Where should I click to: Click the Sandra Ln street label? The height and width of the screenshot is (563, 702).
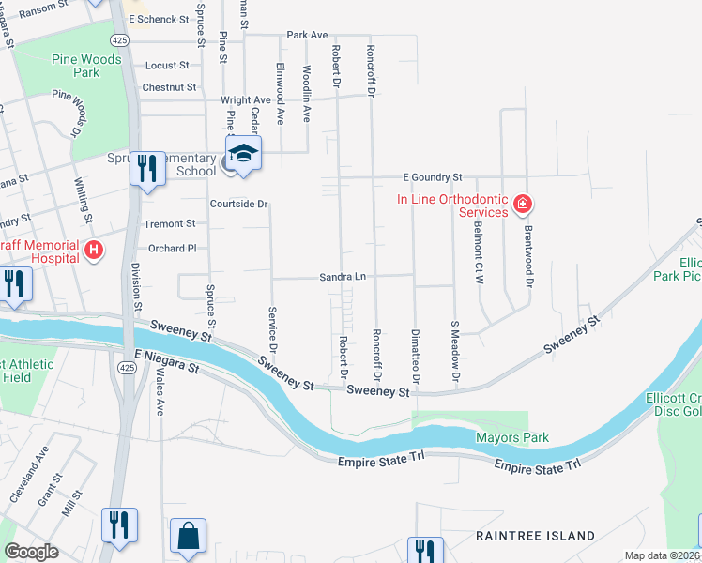pyautogui.click(x=342, y=277)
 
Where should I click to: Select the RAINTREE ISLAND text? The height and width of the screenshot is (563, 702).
pyautogui.click(x=535, y=536)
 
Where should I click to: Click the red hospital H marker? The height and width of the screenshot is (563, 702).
pyautogui.click(x=94, y=250)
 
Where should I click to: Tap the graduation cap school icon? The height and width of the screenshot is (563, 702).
pyautogui.click(x=242, y=153)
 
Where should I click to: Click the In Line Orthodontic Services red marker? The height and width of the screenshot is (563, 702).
pyautogui.click(x=523, y=204)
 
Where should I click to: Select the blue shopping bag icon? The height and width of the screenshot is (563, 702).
pyautogui.click(x=188, y=537)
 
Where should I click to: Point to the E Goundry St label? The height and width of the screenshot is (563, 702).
pyautogui.click(x=433, y=176)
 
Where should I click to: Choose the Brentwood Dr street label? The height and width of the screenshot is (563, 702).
pyautogui.click(x=528, y=255)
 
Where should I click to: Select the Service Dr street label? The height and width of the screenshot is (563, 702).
pyautogui.click(x=272, y=329)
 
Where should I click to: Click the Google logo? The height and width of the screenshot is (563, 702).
pyautogui.click(x=31, y=552)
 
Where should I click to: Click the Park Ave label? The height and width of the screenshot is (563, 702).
pyautogui.click(x=307, y=35)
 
